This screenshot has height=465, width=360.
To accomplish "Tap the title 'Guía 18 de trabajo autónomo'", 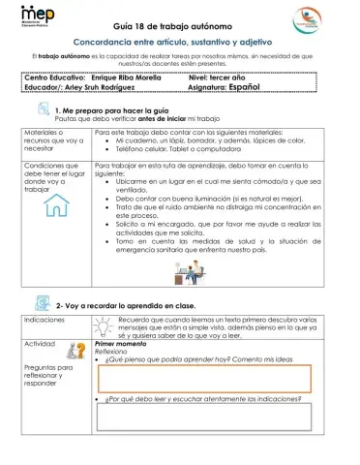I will [179, 27].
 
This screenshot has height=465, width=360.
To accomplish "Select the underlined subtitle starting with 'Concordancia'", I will [180, 45].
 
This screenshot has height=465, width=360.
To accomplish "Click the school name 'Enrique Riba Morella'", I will [142, 75].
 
